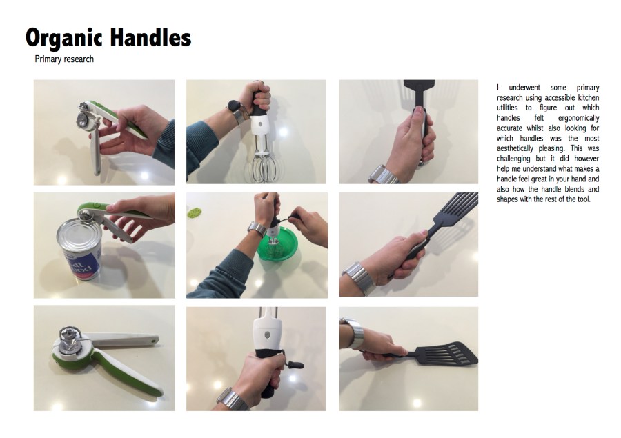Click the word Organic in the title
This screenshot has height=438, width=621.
tap(65, 39)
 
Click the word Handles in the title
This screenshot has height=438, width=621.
tap(150, 37)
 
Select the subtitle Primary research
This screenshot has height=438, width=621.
tap(64, 59)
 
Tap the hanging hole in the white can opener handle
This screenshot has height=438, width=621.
tap(153, 340)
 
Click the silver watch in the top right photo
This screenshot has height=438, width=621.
tap(382, 175)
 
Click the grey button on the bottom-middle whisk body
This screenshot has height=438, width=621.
tap(267, 335)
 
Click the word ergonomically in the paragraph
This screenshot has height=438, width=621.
tap(578, 118)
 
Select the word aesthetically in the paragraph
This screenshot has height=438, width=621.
tap(515, 148)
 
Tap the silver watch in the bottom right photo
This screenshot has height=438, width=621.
tap(354, 333)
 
